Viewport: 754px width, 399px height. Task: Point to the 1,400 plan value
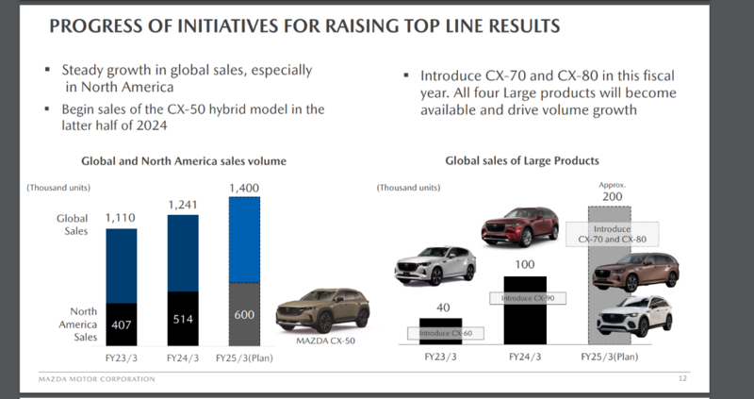pos(246,188)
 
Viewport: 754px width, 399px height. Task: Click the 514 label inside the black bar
pos(183,319)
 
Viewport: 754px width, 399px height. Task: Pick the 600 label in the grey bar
pos(245,314)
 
